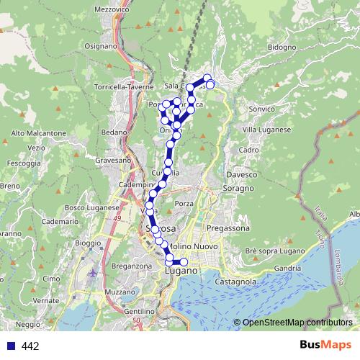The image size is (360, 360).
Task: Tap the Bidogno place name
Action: pos(281,47)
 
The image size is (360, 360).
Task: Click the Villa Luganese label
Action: pos(266,129)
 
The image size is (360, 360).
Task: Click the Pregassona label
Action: pos(227,228)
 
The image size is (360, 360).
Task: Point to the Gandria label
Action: pos(287,268)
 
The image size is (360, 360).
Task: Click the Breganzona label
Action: pos(131,266)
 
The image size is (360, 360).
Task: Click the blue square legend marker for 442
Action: pos(9,346)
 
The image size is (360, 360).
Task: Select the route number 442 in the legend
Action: pos(30,346)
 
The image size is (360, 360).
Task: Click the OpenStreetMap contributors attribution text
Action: pos(297,322)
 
